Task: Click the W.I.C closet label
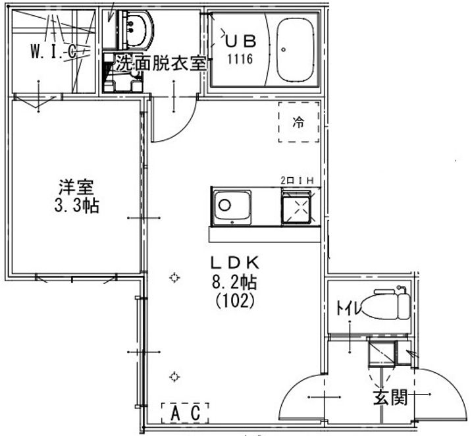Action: pyautogui.click(x=53, y=51)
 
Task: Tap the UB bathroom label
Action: pyautogui.click(x=241, y=41)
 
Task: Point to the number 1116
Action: pyautogui.click(x=240, y=59)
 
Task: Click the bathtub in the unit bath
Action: pyautogui.click(x=296, y=50)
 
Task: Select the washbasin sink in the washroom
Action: pyautogui.click(x=136, y=30)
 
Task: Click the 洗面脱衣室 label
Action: pyautogui.click(x=161, y=63)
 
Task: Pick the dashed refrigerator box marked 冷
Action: pyautogui.click(x=299, y=122)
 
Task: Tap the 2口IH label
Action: pyautogui.click(x=297, y=180)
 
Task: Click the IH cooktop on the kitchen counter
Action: pyautogui.click(x=298, y=207)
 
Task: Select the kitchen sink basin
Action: pyautogui.click(x=232, y=207)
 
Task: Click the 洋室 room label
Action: pyautogui.click(x=76, y=188)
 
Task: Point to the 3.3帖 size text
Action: pyautogui.click(x=76, y=206)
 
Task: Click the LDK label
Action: pyautogui.click(x=235, y=263)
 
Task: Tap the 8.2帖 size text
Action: pyautogui.click(x=234, y=283)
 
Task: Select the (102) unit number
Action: pyautogui.click(x=235, y=301)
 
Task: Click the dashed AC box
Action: pyautogui.click(x=185, y=413)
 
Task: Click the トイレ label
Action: pyautogui.click(x=348, y=308)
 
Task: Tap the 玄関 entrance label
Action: pyautogui.click(x=390, y=397)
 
